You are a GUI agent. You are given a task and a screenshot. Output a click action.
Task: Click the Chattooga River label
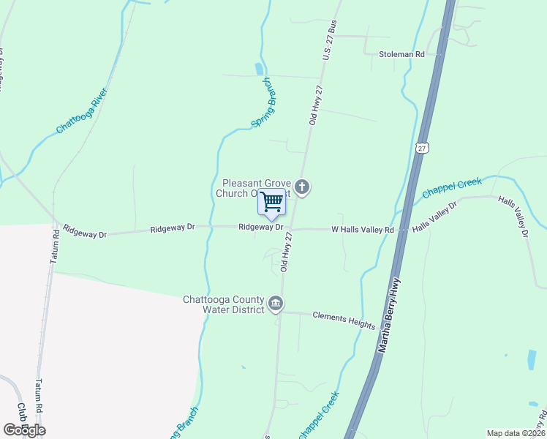tap(82, 110)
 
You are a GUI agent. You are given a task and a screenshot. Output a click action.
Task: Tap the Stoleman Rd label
tap(401, 55)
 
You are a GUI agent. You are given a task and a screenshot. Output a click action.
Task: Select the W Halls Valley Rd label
tap(363, 230)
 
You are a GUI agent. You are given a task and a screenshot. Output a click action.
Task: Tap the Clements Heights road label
tap(344, 320)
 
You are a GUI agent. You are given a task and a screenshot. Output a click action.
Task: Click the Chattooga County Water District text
tap(223, 304)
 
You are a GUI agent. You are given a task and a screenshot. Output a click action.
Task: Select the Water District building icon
tap(276, 304)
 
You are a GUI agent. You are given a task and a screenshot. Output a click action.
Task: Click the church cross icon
tap(303, 188)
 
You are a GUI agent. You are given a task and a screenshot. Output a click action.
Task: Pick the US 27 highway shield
tap(422, 147)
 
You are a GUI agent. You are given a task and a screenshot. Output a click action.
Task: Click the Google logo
tap(24, 430)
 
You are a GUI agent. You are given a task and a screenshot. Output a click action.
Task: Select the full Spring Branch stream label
tap(262, 103)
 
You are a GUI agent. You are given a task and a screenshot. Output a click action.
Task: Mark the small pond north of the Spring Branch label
tap(259, 70)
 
